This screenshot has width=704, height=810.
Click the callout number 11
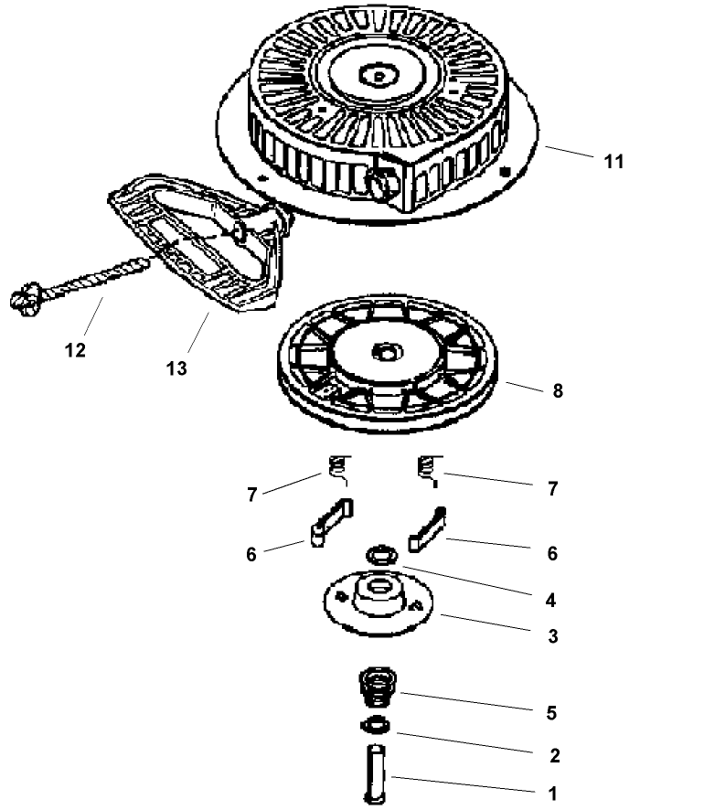tap(613, 162)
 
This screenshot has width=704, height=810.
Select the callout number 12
tap(76, 350)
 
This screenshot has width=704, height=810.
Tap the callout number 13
tap(176, 368)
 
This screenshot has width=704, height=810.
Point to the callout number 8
tap(558, 391)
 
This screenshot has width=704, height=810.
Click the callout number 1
tap(552, 794)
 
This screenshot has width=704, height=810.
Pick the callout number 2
tap(552, 756)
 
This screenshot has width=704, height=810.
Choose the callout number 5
tap(552, 713)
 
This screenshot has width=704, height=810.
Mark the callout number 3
tap(552, 636)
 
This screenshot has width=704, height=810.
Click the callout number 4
tap(552, 601)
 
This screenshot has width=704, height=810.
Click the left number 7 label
tap(251, 495)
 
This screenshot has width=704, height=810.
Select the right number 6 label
tap(552, 553)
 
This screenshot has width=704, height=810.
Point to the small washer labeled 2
tap(374, 727)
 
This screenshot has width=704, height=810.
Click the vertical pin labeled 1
tap(376, 773)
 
